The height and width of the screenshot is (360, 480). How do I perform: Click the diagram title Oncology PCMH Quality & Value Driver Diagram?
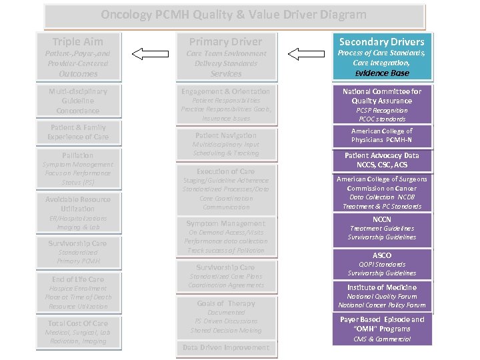coord(234,15)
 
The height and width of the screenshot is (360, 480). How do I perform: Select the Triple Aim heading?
coord(77,41)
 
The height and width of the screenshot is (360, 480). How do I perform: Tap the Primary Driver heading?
coord(225,41)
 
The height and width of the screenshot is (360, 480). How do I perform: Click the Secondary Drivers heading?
coord(382,41)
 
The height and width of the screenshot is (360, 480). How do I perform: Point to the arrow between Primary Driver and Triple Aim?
coord(151,53)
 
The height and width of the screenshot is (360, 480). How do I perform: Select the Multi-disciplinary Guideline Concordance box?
coord(78,101)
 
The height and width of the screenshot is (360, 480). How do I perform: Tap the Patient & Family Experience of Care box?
coord(78,132)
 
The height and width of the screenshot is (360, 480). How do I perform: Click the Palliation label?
coord(78,155)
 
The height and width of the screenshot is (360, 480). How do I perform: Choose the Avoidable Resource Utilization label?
coord(78,204)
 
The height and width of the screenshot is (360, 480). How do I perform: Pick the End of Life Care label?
coord(78,279)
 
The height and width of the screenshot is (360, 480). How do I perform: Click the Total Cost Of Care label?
coord(78,323)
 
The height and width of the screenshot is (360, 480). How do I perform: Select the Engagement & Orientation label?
coord(225,91)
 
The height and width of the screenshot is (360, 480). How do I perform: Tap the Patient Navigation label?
coord(225,135)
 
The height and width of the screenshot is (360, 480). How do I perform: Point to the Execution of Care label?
coord(225,171)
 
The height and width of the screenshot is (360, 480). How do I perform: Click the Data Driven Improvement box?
coord(225,347)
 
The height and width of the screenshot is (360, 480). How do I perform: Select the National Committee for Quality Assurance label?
coord(382,96)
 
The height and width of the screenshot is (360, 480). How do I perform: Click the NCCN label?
coord(382,219)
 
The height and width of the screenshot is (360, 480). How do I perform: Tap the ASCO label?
coord(382,255)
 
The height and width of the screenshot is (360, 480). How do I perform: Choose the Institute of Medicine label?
coord(382,287)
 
